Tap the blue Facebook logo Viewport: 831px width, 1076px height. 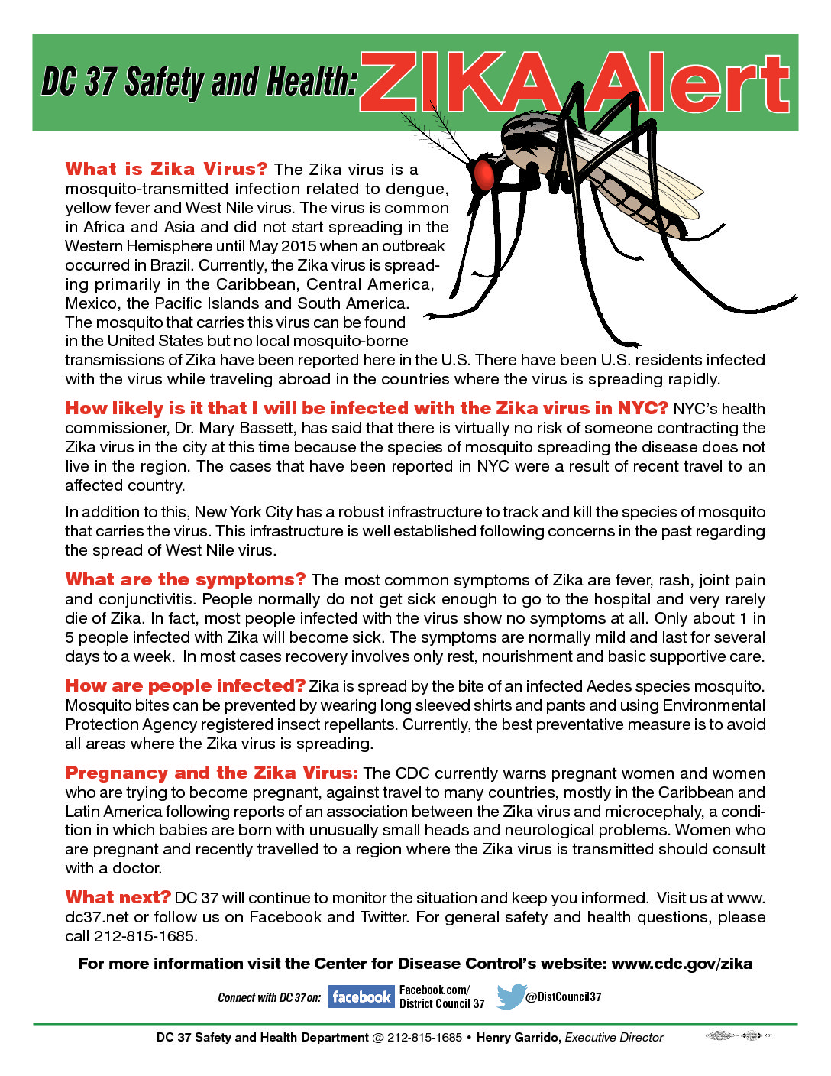point(361,997)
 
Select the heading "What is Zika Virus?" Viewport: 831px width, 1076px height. point(166,169)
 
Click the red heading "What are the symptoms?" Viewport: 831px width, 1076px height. point(185,579)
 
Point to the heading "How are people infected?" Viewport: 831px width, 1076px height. point(185,685)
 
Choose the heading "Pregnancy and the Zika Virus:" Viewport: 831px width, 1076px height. point(211,773)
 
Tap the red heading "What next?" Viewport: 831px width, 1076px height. point(118,897)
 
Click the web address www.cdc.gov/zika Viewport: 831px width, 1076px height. point(681,964)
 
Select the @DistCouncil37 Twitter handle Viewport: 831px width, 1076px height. point(564,997)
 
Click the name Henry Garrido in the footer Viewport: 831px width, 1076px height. point(519,1037)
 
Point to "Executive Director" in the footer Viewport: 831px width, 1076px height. point(614,1037)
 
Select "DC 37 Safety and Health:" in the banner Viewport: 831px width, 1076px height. point(199,83)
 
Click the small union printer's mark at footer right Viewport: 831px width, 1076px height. point(738,1036)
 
